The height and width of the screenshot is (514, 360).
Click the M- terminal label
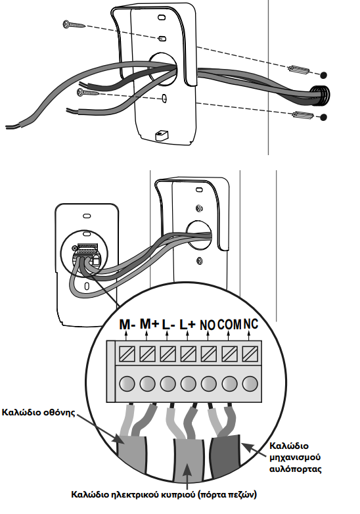127,325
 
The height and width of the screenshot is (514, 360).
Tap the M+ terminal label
149,324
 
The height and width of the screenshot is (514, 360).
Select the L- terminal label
169,325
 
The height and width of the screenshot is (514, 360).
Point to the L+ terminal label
188,325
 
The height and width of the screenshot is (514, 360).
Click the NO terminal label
208,325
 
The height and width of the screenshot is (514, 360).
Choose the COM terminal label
229,325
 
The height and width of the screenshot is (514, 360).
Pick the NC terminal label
250,324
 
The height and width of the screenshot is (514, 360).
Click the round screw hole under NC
250,384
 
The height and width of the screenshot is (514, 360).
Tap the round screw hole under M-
127,384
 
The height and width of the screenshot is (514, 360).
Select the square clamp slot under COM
229,354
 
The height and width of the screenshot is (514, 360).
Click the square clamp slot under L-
168,354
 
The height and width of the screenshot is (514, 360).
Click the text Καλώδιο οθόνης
38,412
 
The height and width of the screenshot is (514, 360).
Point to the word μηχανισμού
295,457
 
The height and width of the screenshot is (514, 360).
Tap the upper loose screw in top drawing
74,24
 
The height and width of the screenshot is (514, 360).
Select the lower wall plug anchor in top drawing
303,115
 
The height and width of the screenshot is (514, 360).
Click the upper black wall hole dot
323,75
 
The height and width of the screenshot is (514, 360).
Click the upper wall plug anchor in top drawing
298,70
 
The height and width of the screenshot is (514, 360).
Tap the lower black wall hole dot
323,118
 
